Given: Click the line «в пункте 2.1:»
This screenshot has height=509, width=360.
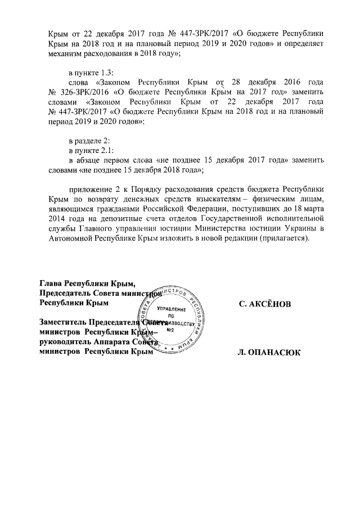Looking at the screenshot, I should (x=91, y=152).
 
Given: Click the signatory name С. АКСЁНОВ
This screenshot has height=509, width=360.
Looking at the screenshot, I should (x=265, y=304).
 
